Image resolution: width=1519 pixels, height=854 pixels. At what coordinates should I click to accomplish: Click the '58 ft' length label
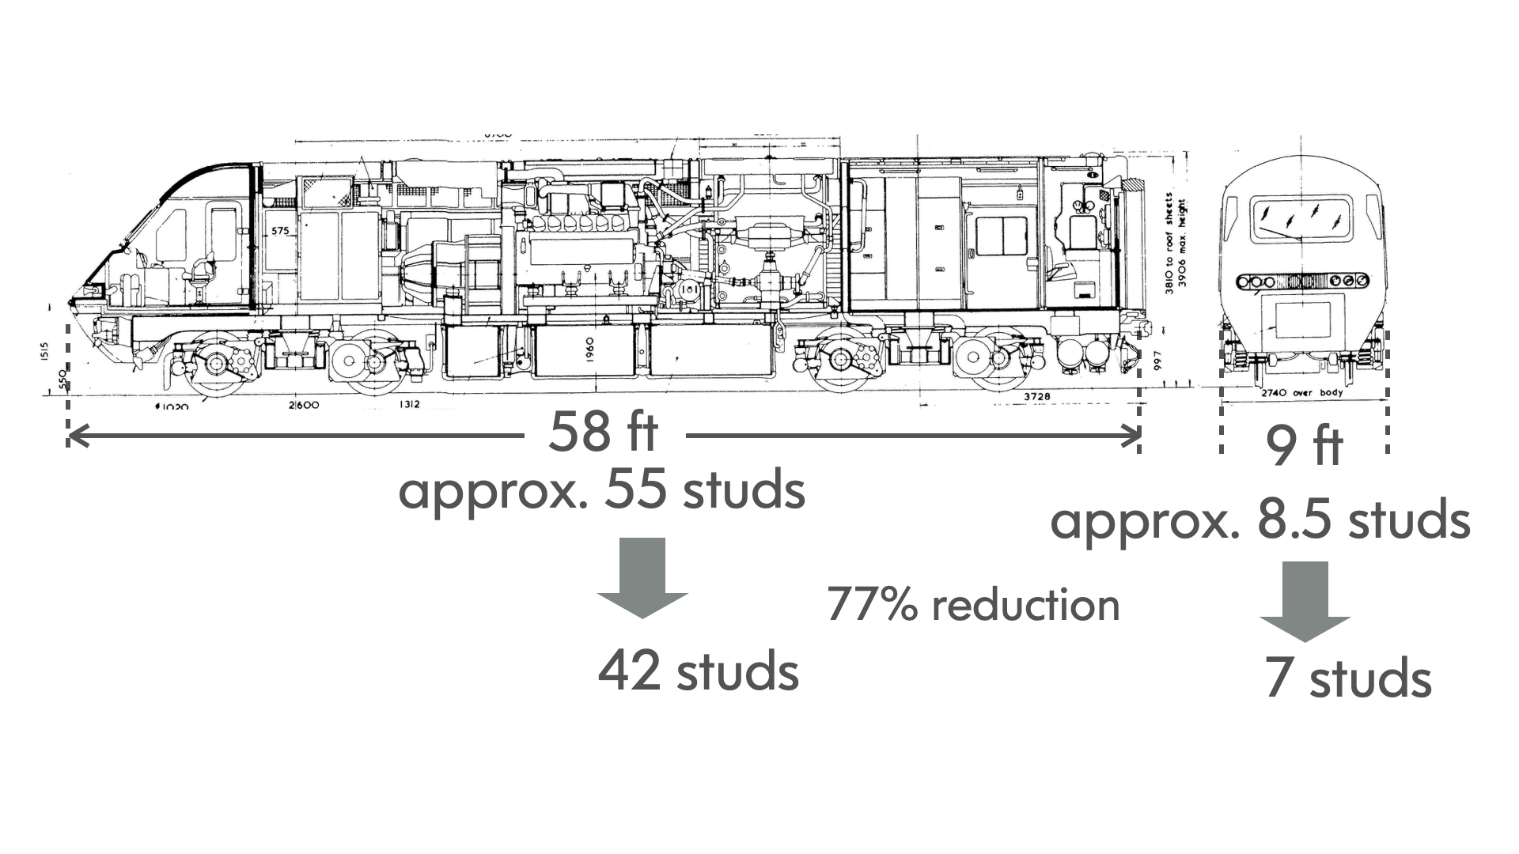click(x=603, y=432)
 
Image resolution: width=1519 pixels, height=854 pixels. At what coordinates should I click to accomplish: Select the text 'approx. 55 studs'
click(x=601, y=490)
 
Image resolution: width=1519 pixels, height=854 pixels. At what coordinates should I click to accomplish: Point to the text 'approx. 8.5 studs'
click(x=1260, y=520)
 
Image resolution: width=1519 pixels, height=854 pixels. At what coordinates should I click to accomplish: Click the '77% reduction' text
click(x=973, y=605)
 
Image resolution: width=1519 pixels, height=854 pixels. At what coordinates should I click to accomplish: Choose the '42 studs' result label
click(x=698, y=671)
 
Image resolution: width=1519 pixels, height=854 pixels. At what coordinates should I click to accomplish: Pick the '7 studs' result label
click(x=1347, y=678)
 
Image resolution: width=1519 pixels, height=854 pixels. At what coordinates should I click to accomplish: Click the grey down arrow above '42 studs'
click(x=642, y=577)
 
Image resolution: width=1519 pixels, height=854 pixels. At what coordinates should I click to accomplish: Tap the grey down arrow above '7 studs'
click(x=1305, y=601)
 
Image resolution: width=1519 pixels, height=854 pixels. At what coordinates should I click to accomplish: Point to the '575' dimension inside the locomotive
click(x=280, y=232)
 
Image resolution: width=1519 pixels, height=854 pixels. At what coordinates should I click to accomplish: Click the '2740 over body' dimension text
click(x=1301, y=393)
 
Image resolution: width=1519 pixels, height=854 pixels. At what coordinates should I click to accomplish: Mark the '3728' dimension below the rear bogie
click(x=1036, y=395)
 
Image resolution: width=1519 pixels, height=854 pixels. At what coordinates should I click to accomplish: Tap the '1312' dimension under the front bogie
click(x=409, y=405)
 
